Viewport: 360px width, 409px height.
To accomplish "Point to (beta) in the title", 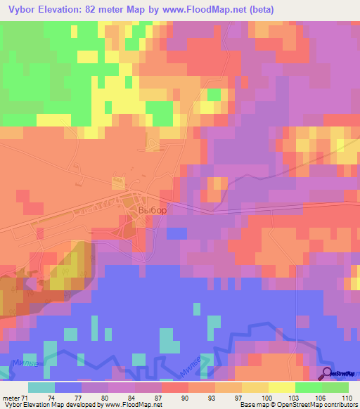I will (x=259, y=9).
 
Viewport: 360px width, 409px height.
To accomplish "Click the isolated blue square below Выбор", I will (x=177, y=233).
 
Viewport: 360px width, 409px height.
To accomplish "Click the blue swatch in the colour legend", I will (x=67, y=387).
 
